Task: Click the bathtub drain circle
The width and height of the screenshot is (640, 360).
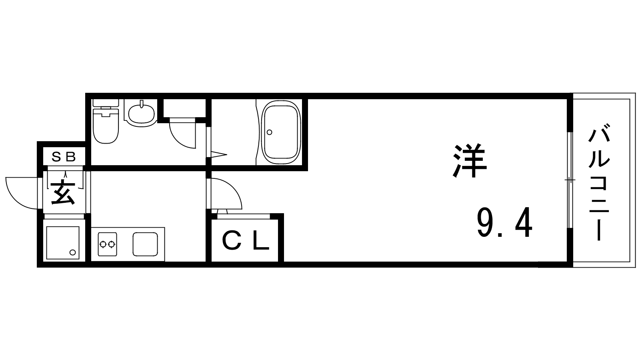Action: coord(269,132)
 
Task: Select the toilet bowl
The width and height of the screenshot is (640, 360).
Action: coord(106,127)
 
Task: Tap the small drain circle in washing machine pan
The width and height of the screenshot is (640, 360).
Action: coord(72,252)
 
